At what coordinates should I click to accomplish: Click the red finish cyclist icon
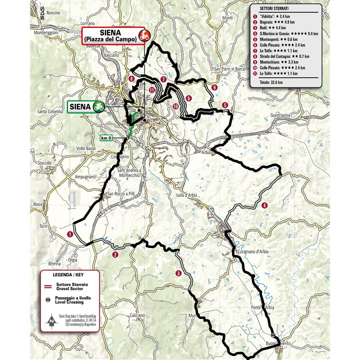[144, 35]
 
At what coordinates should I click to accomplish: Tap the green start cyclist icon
[99, 106]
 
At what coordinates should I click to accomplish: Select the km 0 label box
[106, 137]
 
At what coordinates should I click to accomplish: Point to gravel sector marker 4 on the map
[264, 205]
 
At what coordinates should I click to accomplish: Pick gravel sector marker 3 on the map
[179, 273]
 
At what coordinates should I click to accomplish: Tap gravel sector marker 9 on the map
[215, 87]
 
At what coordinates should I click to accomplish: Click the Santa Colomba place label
[50, 112]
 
